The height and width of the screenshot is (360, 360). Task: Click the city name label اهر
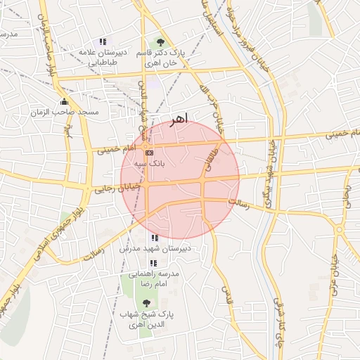click(179, 120)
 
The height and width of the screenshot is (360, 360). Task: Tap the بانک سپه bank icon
click(148, 152)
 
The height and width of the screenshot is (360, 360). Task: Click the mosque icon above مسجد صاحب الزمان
click(64, 101)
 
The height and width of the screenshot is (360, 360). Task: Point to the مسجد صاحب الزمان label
click(64, 112)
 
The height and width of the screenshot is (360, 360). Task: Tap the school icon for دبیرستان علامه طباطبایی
click(103, 41)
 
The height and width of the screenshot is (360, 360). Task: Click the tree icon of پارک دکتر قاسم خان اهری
click(160, 41)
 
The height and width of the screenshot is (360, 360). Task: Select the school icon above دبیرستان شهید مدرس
click(155, 239)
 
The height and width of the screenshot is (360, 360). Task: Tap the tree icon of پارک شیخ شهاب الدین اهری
click(146, 302)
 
